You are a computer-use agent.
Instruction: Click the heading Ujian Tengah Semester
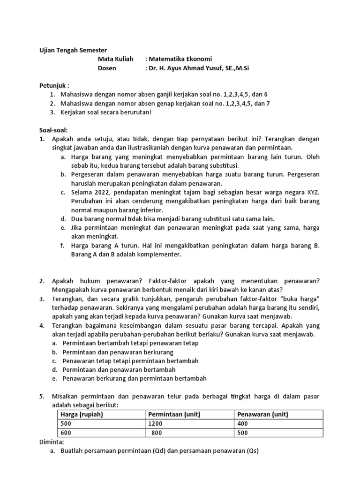73,50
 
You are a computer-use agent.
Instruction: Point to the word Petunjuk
53,86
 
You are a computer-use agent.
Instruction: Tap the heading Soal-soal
53,130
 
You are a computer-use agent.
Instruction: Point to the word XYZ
311,193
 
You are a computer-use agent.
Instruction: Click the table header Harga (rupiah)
82,414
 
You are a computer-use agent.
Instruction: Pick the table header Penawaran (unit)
262,414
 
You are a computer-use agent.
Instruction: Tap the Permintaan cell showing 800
157,433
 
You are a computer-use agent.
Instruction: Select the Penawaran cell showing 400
244,424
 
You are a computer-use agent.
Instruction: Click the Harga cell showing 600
66,433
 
